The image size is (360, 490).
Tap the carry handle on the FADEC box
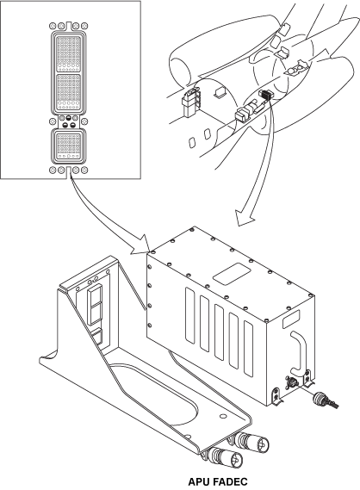click(299, 352)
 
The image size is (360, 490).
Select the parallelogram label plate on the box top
click(232, 274)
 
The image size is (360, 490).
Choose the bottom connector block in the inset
click(69, 146)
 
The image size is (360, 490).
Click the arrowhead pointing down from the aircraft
click(245, 217)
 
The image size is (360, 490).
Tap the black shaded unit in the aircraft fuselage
click(266, 95)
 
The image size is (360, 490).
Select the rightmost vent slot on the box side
click(248, 349)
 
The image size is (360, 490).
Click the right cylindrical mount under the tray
click(251, 442)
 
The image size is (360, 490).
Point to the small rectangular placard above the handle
click(291, 319)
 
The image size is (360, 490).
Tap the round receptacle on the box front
click(290, 381)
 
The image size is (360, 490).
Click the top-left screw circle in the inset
click(53, 26)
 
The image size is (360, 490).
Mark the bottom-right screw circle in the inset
click(84, 171)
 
